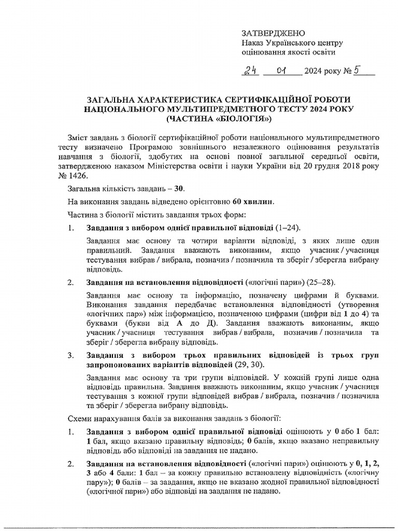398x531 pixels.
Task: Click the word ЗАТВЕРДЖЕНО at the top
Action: [270, 33]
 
